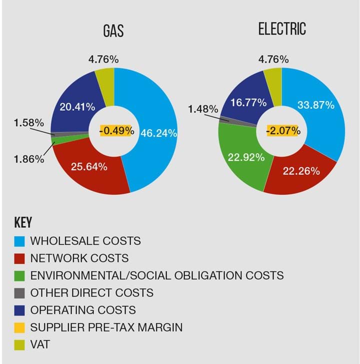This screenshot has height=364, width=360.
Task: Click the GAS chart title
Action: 113,31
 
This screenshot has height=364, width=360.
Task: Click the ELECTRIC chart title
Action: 282,30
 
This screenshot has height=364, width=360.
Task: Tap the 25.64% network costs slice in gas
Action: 90,167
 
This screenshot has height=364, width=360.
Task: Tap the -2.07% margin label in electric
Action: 283,131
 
